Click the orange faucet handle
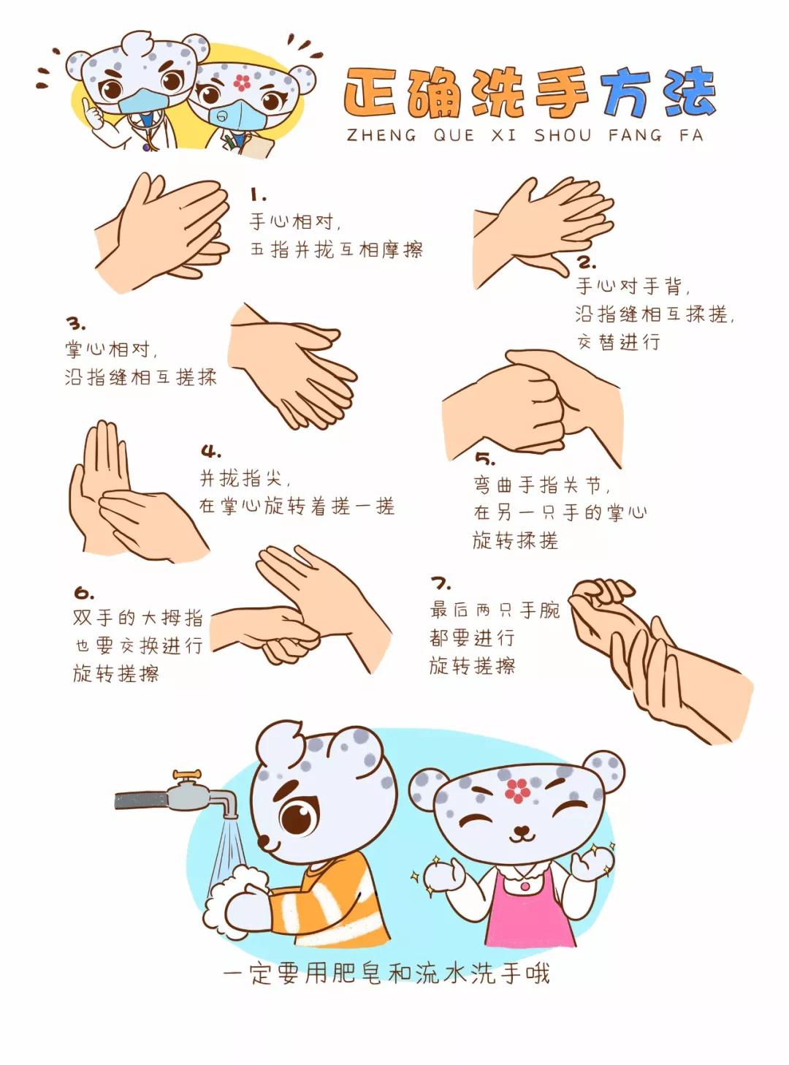tap(187, 774)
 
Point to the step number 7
tap(441, 583)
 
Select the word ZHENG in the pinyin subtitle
tap(381, 135)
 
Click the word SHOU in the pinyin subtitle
tap(563, 135)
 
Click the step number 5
tap(485, 458)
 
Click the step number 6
tap(83, 593)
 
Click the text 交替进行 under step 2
tap(618, 342)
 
